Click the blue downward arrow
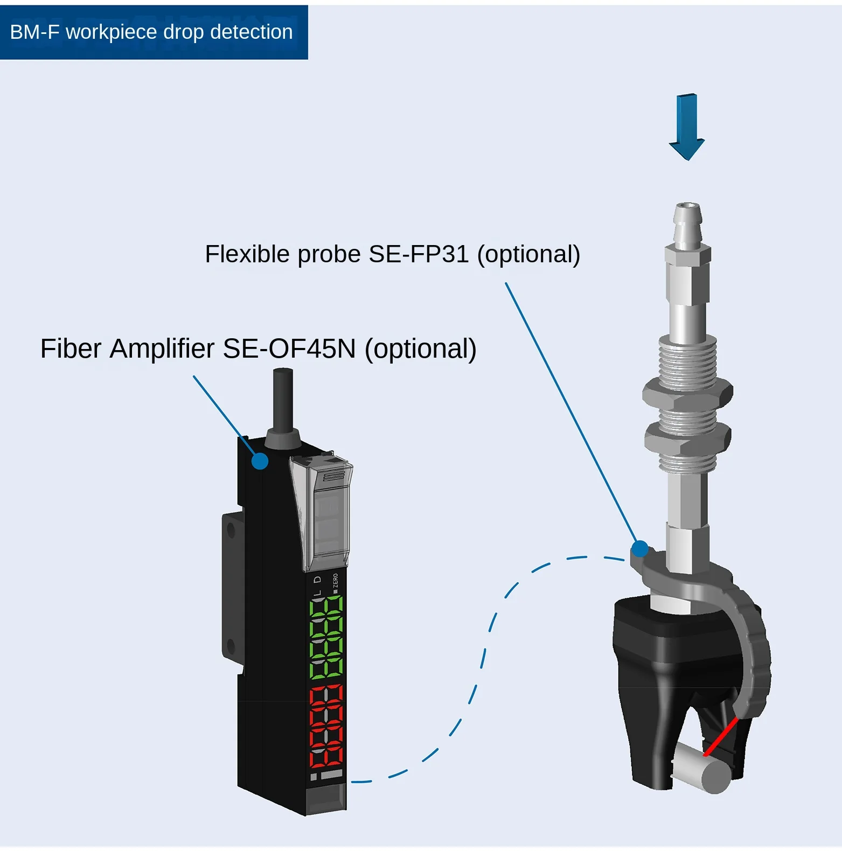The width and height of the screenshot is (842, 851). [687, 127]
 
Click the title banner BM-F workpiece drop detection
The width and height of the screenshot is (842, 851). [151, 32]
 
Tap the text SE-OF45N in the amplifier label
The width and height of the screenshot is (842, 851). [289, 348]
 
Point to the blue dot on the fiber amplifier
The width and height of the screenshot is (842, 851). [260, 461]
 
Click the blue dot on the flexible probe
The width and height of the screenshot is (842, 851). [640, 549]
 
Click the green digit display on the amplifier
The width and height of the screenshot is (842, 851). [326, 638]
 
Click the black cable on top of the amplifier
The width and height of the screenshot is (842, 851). [283, 399]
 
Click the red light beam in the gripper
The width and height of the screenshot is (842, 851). [721, 736]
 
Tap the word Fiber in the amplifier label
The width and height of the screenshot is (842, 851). [71, 348]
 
